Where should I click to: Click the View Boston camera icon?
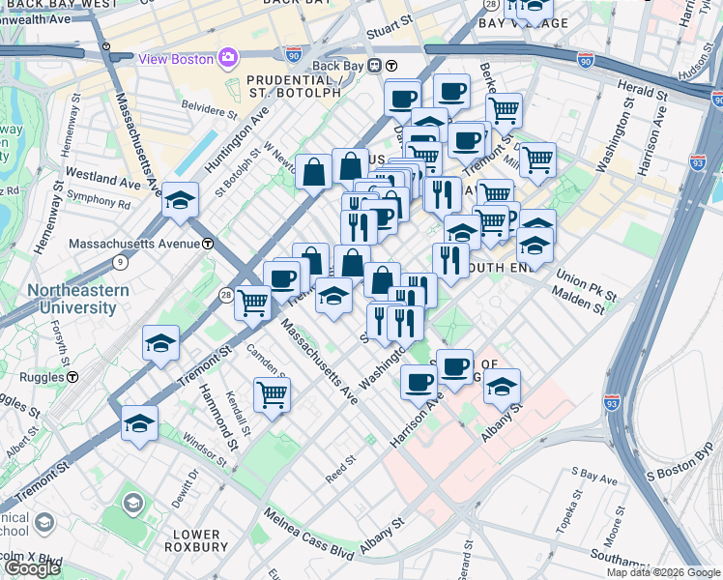pyautogui.click(x=228, y=58)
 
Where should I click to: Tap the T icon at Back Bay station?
pyautogui.click(x=391, y=66)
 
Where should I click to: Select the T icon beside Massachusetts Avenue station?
pyautogui.click(x=208, y=245)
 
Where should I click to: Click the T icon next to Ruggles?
pyautogui.click(x=72, y=376)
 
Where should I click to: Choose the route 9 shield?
pyautogui.click(x=119, y=261)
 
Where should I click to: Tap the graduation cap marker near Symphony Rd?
pyautogui.click(x=180, y=200)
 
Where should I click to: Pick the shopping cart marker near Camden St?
pyautogui.click(x=272, y=393)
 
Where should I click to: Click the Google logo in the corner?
pyautogui.click(x=32, y=568)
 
